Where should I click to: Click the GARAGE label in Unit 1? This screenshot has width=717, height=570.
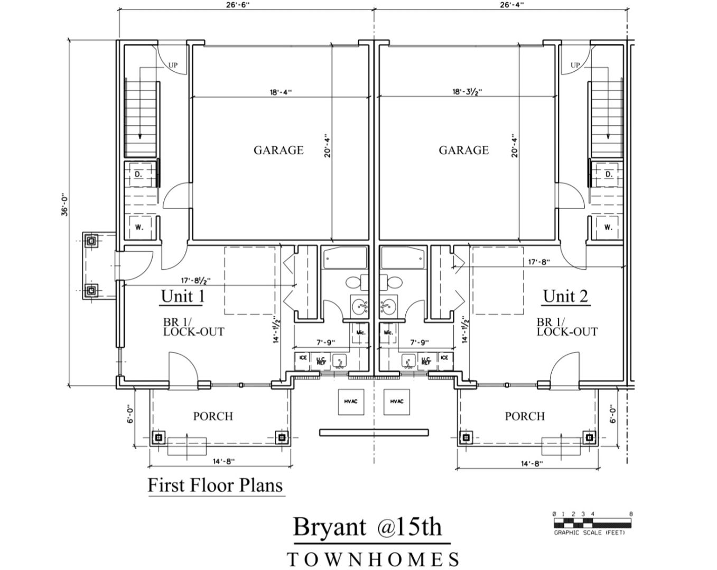click(278, 150)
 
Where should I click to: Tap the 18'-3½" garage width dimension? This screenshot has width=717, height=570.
click(467, 91)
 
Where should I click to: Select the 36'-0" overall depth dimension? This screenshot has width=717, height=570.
click(64, 206)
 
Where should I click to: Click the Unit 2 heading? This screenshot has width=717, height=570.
click(565, 296)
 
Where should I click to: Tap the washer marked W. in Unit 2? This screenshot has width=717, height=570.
click(608, 227)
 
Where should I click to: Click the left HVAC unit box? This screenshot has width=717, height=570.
click(351, 402)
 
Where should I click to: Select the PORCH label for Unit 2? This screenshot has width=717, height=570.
click(525, 416)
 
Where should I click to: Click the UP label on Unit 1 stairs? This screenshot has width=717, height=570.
click(173, 65)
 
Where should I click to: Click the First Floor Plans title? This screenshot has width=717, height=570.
click(215, 485)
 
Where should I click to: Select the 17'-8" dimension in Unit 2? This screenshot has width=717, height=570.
click(539, 262)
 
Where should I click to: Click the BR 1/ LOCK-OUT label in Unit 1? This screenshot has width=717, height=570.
click(193, 327)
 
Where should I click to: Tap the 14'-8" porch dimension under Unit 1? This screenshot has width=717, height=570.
click(224, 461)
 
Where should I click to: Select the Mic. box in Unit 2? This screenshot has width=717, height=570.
click(388, 332)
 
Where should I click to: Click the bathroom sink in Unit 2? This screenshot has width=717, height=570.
click(387, 305)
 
